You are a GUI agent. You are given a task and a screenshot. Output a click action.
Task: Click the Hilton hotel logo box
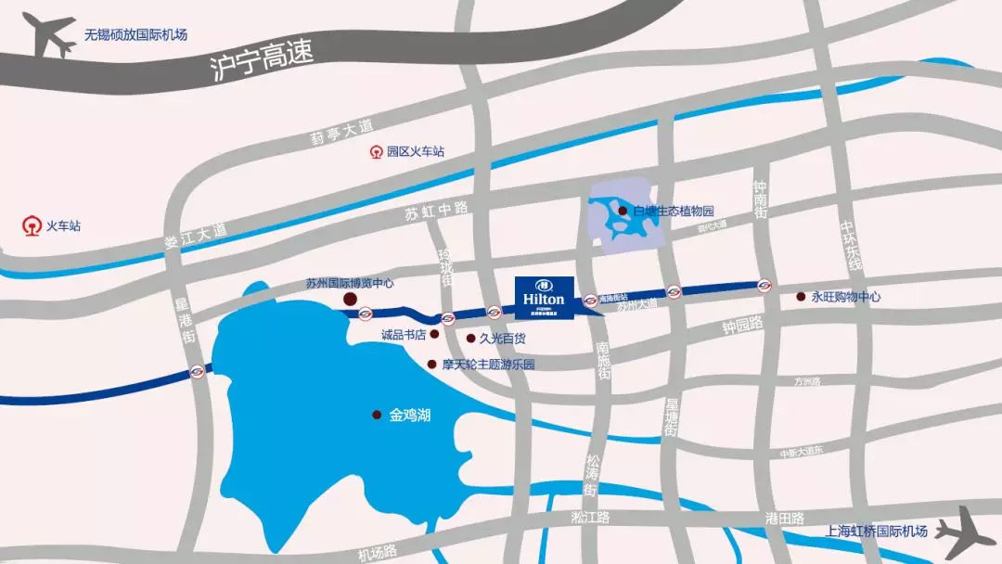544,295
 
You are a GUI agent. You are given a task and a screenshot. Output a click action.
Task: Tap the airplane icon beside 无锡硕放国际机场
48,35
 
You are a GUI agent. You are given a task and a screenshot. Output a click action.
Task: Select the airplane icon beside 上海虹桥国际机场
964,531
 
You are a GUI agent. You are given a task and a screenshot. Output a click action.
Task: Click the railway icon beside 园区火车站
377,151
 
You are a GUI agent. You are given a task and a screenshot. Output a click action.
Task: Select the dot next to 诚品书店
434,334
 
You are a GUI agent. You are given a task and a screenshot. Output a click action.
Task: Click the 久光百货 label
501,340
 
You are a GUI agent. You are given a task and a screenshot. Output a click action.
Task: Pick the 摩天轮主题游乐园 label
488,365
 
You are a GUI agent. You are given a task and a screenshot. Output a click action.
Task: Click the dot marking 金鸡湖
377,415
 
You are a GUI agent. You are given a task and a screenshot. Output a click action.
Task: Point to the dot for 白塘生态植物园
623,211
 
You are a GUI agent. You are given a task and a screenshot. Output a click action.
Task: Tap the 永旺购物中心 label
845,297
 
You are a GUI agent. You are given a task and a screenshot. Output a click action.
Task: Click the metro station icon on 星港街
197,372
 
